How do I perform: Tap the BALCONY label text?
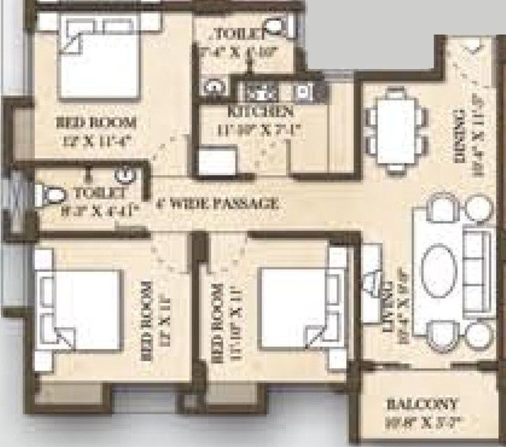click(x=423, y=403)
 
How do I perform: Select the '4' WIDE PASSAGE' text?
click(x=218, y=204)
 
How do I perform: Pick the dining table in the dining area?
click(x=397, y=130)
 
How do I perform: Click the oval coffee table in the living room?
click(x=437, y=271)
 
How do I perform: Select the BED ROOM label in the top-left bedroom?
click(x=96, y=123)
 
